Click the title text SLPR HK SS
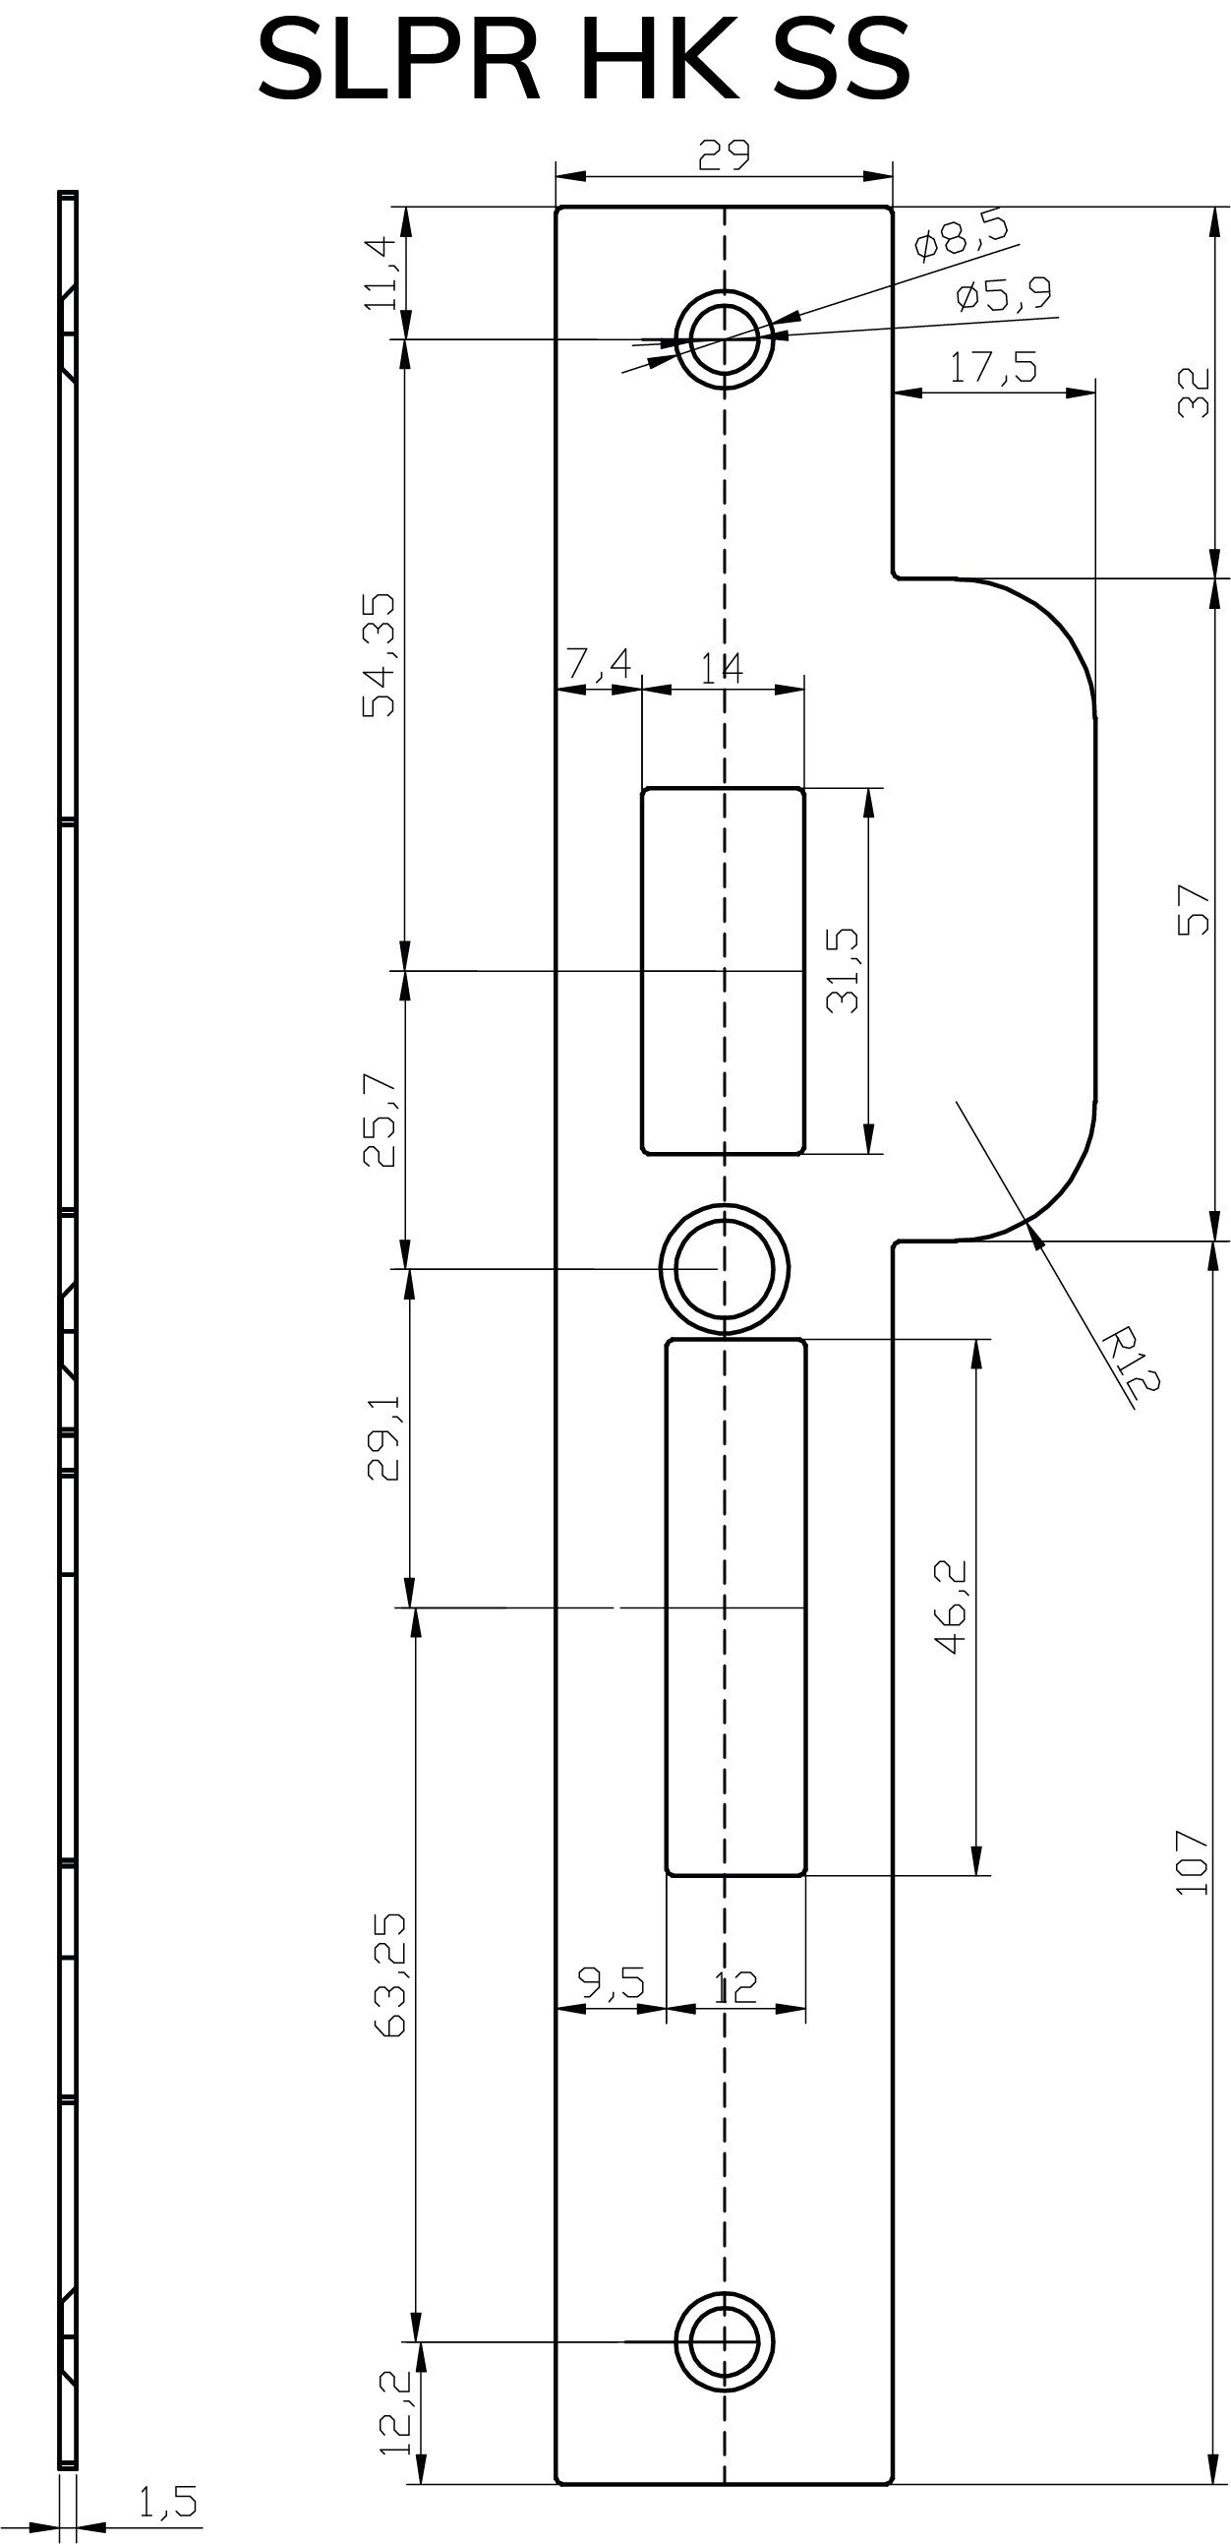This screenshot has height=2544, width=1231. (x=582, y=61)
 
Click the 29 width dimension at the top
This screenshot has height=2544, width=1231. (x=724, y=155)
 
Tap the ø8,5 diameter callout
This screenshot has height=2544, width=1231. (x=962, y=238)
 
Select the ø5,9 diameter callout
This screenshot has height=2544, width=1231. (x=1004, y=294)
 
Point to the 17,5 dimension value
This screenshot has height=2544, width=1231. (x=993, y=367)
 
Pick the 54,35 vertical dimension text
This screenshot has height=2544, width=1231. (x=380, y=654)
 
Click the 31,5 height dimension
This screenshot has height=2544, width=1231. (x=843, y=970)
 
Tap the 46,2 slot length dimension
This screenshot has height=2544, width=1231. (x=951, y=1607)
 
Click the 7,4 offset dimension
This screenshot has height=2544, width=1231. (x=599, y=665)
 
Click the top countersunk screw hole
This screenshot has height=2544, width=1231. (x=724, y=338)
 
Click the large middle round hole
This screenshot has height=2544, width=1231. (x=724, y=1269)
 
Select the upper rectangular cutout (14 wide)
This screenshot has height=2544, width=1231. (x=723, y=970)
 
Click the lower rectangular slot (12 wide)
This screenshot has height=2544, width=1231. (x=735, y=1606)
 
